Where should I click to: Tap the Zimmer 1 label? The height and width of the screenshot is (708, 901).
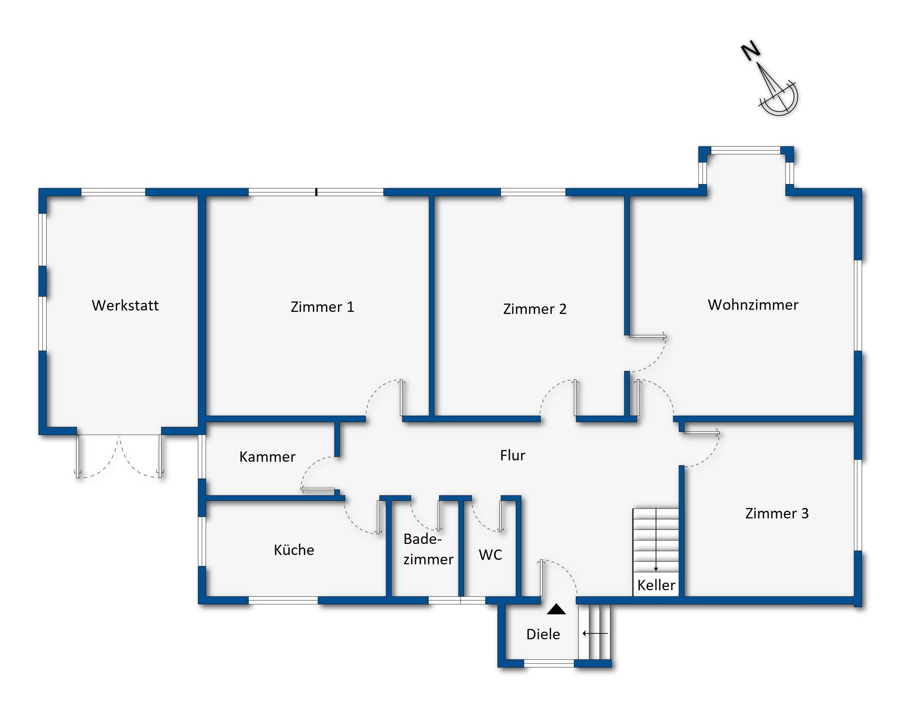pos(322,307)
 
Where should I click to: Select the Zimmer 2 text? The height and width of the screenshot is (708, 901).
pos(535,309)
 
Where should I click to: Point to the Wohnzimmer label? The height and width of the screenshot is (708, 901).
pos(753,305)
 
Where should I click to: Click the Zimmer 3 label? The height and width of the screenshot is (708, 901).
pos(776,514)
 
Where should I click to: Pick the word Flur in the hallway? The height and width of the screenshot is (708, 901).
pos(512,456)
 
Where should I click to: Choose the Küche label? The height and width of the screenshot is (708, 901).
pos(294,550)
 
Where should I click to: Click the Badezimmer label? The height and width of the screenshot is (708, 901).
pos(428,549)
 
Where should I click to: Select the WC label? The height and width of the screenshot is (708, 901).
pos(490,555)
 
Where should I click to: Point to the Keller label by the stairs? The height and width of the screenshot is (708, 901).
pos(656,585)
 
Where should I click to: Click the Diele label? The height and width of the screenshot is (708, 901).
pos(543,634)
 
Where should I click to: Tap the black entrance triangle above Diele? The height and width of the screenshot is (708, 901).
pos(556,609)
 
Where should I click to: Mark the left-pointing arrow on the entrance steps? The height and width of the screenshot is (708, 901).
pos(595,633)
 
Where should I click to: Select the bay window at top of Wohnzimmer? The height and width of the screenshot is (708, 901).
pos(746,151)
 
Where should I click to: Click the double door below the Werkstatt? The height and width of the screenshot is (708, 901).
pos(119,456)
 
